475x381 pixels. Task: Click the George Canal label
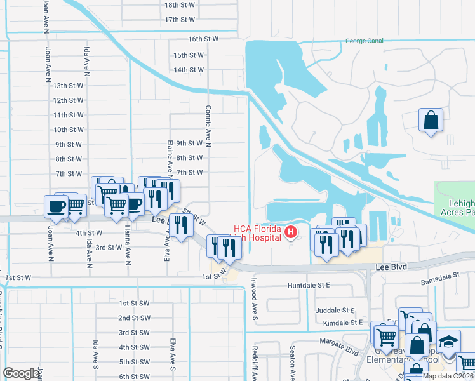tap(364, 41)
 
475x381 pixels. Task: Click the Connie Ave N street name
tap(208, 125)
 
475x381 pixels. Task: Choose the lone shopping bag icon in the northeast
tap(431, 120)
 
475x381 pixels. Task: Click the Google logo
tap(21, 373)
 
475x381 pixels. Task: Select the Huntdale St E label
tap(309, 286)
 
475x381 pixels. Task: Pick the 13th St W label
tap(69, 85)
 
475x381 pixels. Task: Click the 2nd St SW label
tap(134, 317)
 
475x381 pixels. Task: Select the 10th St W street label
tap(69, 130)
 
